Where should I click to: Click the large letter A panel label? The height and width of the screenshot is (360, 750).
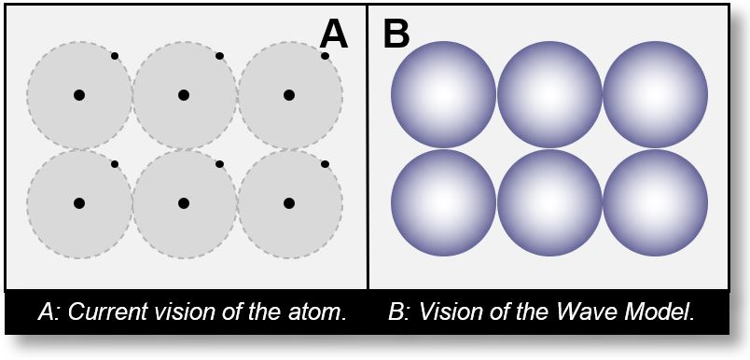point(334,35)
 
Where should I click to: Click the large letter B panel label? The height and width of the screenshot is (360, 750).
point(396,35)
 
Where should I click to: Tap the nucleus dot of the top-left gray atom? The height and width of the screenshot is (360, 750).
point(79,94)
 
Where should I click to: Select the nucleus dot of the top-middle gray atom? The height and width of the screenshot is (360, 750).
point(184,94)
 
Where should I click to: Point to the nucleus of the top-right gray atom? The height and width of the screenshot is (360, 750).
point(289,94)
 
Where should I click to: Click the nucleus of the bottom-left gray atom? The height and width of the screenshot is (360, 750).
point(79,202)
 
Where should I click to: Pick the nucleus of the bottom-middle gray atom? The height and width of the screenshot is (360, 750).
point(184,202)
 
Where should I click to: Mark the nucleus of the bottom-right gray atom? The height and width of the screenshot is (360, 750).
point(289,202)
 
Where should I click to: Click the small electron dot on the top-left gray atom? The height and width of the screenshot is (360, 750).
point(115,56)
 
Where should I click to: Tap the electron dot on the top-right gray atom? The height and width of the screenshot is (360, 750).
point(325,56)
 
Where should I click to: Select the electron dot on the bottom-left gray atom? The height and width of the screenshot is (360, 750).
point(115,164)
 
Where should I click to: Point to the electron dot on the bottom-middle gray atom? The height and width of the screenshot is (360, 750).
point(219,164)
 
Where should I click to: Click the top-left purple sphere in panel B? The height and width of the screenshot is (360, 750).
point(443,94)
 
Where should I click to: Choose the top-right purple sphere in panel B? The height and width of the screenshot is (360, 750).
point(655,94)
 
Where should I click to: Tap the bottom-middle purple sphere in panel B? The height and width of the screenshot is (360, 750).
point(549,202)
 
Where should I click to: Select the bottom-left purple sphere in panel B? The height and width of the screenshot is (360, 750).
point(443,202)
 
